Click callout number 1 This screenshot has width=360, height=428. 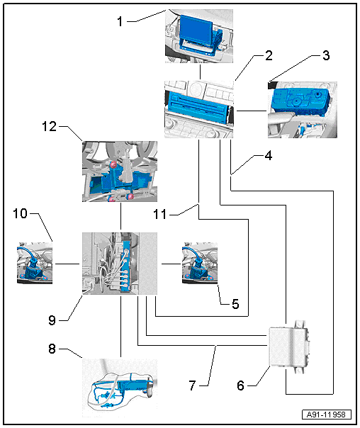(120, 21)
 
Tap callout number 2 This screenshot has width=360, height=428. (269, 55)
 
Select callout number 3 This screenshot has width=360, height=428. (326, 55)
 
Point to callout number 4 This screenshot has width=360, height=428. (269, 156)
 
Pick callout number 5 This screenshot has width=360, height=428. (235, 304)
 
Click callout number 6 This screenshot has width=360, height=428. (240, 385)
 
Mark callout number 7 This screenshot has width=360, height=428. (193, 385)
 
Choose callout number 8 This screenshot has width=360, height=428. (52, 349)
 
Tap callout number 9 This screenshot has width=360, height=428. (52, 320)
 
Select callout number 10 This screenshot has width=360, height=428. (21, 213)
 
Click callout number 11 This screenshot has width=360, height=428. (160, 215)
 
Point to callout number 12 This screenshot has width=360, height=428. (49, 126)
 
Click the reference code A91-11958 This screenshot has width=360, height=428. (327, 415)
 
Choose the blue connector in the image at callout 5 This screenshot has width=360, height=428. (197, 266)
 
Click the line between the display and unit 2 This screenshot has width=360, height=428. (201, 72)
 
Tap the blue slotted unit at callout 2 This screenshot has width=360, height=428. (198, 107)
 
